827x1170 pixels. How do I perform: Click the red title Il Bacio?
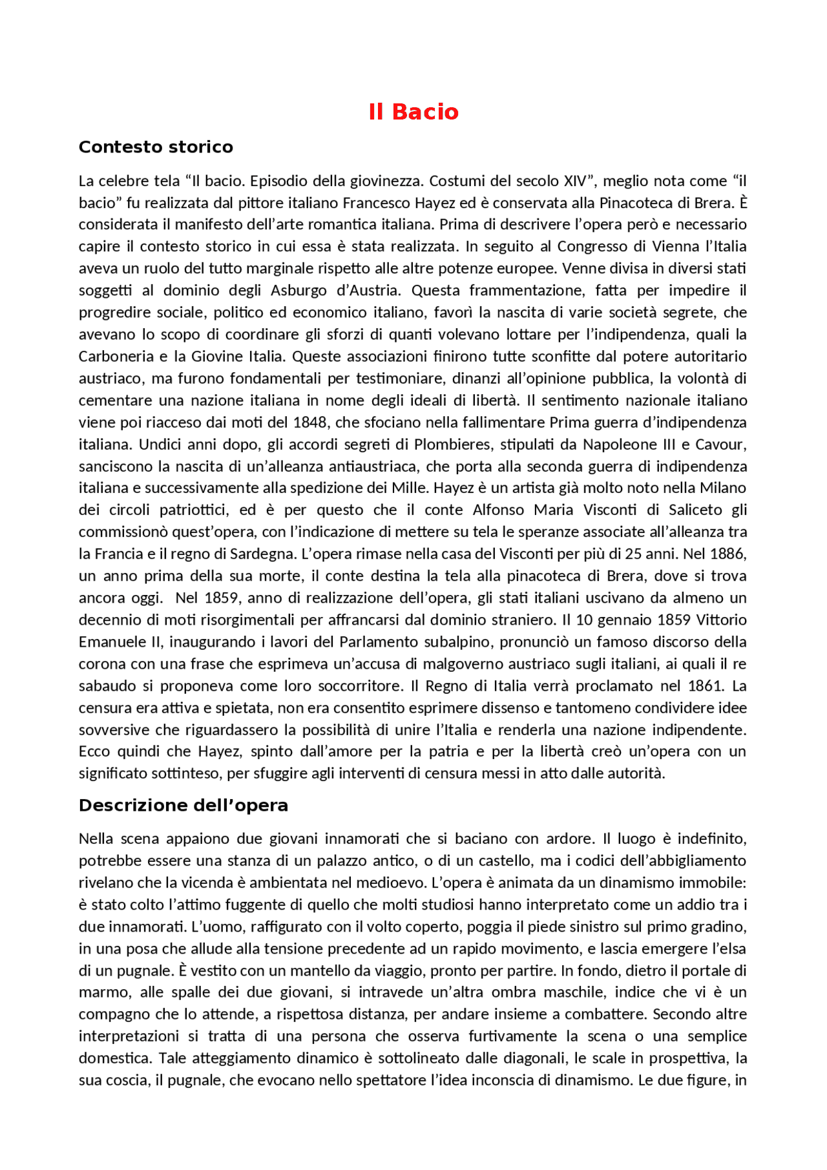tap(413, 112)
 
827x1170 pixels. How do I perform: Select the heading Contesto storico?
tap(156, 147)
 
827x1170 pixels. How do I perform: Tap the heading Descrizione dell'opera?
tap(183, 806)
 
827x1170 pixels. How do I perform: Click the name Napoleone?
tap(620, 444)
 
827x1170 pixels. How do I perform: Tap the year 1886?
tap(728, 554)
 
